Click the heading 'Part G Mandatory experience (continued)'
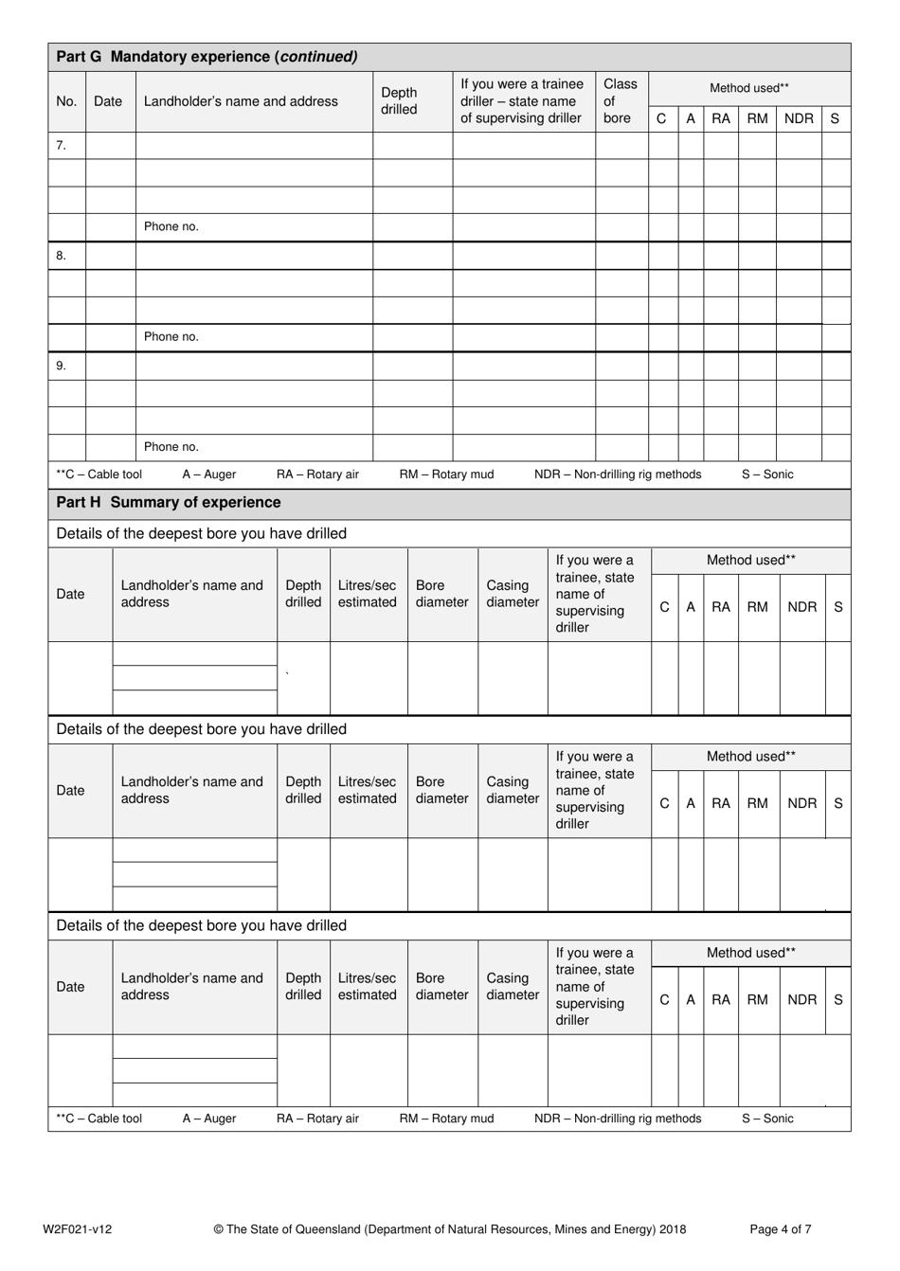click(207, 57)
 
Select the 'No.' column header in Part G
click(66, 101)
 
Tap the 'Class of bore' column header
click(621, 101)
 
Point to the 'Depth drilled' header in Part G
click(399, 101)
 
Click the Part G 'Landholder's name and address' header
click(241, 101)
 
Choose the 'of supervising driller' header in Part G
click(521, 118)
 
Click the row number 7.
click(62, 146)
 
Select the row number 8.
click(62, 256)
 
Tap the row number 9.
click(62, 366)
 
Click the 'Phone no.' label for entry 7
click(171, 227)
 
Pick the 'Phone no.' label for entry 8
click(171, 337)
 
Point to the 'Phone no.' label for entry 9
click(171, 447)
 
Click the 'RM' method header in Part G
click(758, 119)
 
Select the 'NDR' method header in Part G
click(799, 119)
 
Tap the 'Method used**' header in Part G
click(749, 88)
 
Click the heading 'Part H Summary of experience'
click(169, 503)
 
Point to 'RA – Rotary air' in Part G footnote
click(317, 474)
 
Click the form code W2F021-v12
click(78, 1229)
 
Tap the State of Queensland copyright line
click(450, 1229)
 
